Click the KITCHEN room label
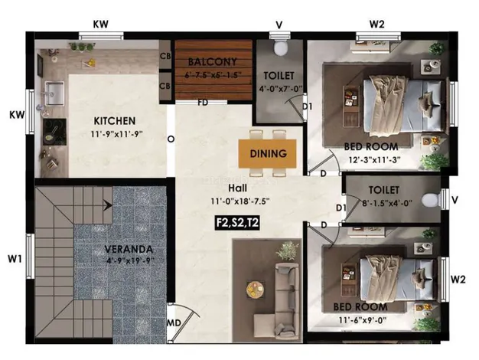pyautogui.click(x=115, y=121)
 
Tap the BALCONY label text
pyautogui.click(x=213, y=62)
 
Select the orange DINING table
pyautogui.click(x=267, y=153)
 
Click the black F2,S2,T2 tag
pyautogui.click(x=237, y=222)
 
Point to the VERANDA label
pyautogui.click(x=129, y=249)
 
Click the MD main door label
pyautogui.click(x=174, y=322)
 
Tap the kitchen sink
pyautogui.click(x=54, y=93)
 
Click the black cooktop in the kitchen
pyautogui.click(x=54, y=132)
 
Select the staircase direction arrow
pyautogui.click(x=107, y=205)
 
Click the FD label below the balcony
pyautogui.click(x=203, y=103)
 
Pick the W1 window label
pyautogui.click(x=15, y=260)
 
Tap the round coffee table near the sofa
pyautogui.click(x=256, y=289)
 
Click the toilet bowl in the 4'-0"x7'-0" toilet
pyautogui.click(x=280, y=48)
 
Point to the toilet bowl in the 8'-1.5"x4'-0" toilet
pyautogui.click(x=431, y=200)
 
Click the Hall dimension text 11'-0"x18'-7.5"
pyautogui.click(x=240, y=201)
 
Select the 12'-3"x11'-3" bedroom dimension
pyautogui.click(x=374, y=159)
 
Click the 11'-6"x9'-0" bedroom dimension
pyautogui.click(x=363, y=320)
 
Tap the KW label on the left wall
pyautogui.click(x=17, y=115)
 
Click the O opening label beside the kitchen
pyautogui.click(x=171, y=139)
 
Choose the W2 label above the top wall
pyautogui.click(x=376, y=25)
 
